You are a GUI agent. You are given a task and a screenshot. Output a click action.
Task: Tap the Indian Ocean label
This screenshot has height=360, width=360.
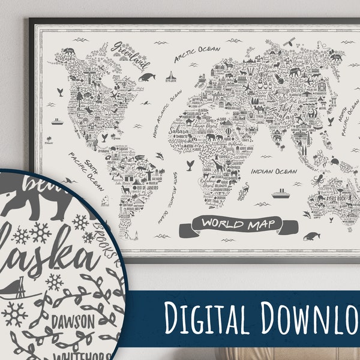pyautogui.click(x=274, y=172)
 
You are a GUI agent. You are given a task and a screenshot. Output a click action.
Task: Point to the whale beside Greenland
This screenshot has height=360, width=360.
pyautogui.click(x=147, y=77)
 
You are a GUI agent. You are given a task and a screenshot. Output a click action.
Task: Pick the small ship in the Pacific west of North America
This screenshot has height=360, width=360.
pyautogui.click(x=57, y=121)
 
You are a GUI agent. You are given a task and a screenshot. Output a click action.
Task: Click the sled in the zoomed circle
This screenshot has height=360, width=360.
pyautogui.click(x=24, y=292)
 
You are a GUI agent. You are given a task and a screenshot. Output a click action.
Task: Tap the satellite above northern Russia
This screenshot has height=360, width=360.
pyautogui.click(x=288, y=41)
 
